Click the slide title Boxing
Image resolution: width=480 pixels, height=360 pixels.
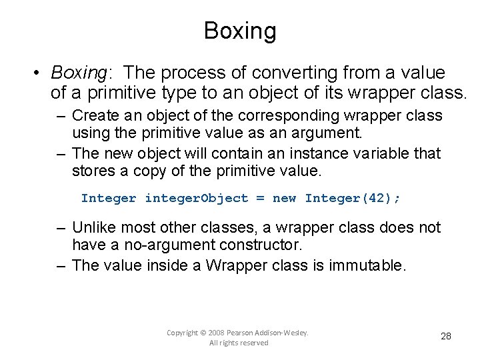click(x=240, y=31)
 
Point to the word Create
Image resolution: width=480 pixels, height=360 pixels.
click(x=93, y=115)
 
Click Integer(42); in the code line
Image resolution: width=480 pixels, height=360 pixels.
click(x=353, y=198)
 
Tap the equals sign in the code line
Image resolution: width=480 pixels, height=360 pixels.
click(x=260, y=198)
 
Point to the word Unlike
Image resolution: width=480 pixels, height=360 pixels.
click(x=93, y=227)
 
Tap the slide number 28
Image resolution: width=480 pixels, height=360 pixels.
click(x=446, y=336)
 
